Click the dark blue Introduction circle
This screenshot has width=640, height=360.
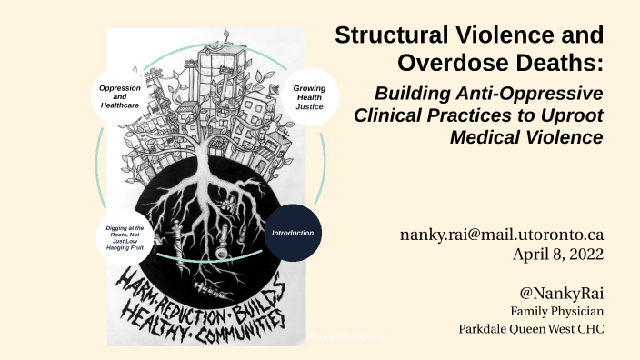pos(293,234)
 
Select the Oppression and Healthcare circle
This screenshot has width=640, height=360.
pos(119,98)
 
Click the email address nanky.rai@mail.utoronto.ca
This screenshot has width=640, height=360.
pos(502,235)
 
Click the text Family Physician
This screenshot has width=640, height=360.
pos(557,311)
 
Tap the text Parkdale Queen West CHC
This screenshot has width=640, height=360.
pos(531,328)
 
